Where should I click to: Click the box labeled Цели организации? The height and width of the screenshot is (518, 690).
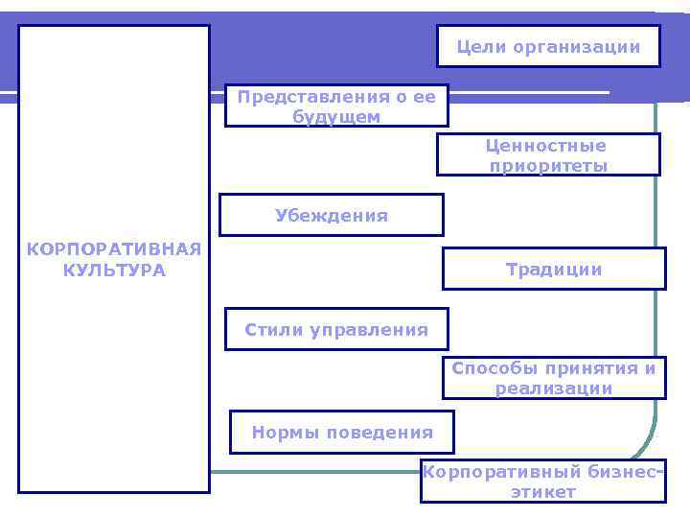(x=548, y=46)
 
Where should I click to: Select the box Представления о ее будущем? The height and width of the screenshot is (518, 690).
(x=336, y=106)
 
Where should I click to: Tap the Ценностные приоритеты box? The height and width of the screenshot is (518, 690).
(x=548, y=154)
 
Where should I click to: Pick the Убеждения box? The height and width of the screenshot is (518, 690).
(x=332, y=215)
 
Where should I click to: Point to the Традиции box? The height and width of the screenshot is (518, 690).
(x=554, y=269)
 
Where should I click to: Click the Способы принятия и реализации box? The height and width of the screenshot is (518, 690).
(x=554, y=378)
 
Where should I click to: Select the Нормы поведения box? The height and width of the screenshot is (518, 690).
(x=342, y=432)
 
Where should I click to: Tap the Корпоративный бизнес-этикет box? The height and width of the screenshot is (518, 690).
(x=543, y=482)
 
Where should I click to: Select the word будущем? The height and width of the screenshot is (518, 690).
(x=336, y=117)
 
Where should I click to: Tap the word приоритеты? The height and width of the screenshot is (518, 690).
(x=548, y=166)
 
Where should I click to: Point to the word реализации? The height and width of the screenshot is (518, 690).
(x=554, y=388)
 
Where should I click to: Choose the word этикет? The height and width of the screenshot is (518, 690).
(x=543, y=492)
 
